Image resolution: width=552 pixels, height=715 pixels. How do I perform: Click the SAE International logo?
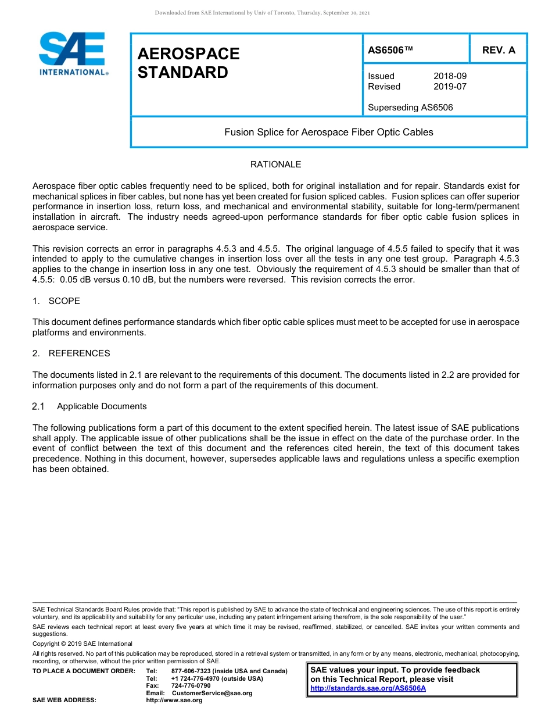tap(73, 53)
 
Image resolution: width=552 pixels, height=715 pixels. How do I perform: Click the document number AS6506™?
tap(390, 50)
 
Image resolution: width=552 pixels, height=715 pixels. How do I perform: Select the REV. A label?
tap(499, 50)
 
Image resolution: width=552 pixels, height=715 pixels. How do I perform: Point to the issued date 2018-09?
tap(450, 76)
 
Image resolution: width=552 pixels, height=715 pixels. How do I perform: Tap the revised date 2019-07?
tap(450, 87)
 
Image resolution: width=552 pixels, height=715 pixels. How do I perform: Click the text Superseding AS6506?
tap(410, 108)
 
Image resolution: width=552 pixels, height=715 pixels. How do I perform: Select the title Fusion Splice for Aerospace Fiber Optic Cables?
tap(329, 132)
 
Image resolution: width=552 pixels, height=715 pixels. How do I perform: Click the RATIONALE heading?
tap(275, 165)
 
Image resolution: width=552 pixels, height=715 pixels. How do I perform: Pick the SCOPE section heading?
tap(64, 301)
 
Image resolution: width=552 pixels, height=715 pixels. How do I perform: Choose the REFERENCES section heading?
tap(79, 353)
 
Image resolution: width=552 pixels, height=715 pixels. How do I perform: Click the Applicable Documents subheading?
tap(102, 406)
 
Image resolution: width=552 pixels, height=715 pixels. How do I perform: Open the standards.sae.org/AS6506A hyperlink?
tap(368, 688)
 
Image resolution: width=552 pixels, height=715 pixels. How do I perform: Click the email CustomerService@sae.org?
tap(212, 693)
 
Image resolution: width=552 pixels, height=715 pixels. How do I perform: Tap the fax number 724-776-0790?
tap(191, 686)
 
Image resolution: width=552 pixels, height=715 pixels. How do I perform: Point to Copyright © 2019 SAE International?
tap(83, 643)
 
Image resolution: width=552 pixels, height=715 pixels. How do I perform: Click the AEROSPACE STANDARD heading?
tap(188, 63)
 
